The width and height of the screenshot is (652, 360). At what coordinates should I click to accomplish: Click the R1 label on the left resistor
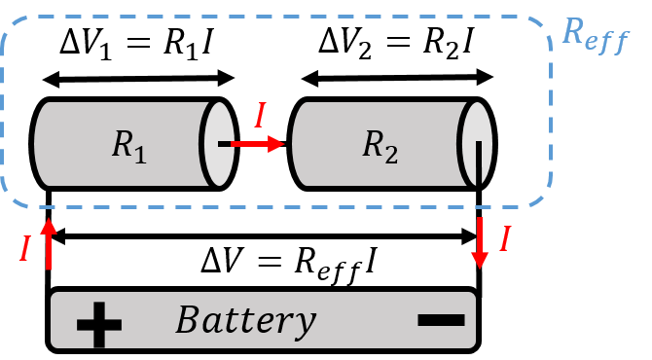click(128, 145)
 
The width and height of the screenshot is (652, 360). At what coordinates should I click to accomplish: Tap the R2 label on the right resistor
click(380, 145)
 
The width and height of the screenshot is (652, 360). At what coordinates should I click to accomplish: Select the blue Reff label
click(595, 36)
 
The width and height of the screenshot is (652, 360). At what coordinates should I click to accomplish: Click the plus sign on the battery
click(98, 323)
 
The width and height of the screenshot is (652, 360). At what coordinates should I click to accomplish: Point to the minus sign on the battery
click(441, 319)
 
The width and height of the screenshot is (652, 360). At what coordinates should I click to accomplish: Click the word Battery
click(245, 319)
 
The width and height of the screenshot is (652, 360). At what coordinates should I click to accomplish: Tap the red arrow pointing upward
click(49, 243)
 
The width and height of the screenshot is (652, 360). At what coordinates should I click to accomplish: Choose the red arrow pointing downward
click(480, 243)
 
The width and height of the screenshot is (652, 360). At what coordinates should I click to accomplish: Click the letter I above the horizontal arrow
click(259, 116)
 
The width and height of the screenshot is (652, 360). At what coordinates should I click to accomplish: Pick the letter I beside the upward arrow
click(25, 250)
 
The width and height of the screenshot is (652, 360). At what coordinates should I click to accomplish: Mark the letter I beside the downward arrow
click(504, 239)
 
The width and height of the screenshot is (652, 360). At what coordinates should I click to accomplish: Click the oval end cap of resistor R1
click(218, 144)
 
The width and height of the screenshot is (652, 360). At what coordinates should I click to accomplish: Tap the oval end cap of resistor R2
click(477, 144)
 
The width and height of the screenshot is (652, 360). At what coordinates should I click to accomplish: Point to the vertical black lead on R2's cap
click(479, 162)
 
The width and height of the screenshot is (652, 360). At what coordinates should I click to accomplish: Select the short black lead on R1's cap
click(224, 144)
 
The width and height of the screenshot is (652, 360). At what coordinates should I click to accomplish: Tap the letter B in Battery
click(187, 319)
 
